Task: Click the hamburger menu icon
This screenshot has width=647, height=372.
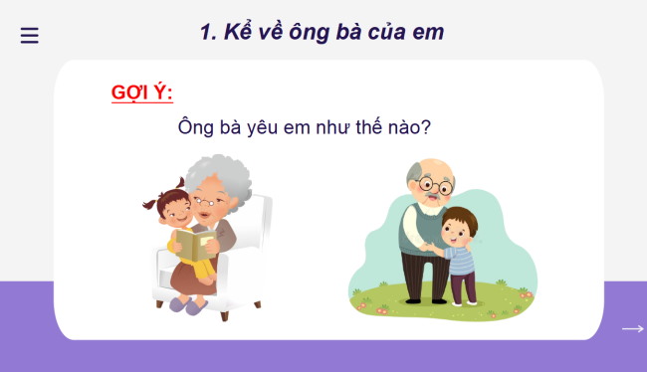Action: [x=30, y=36]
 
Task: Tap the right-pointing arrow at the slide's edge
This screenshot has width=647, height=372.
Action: [x=632, y=329]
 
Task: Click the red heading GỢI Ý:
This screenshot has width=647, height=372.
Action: [x=142, y=93]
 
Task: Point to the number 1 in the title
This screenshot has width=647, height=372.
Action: [x=206, y=32]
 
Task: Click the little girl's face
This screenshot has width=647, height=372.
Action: [x=176, y=210]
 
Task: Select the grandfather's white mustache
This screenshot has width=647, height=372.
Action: [x=429, y=198]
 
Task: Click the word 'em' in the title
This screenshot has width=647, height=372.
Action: [x=429, y=32]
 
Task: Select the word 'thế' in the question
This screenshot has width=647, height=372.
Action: [x=377, y=127]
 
